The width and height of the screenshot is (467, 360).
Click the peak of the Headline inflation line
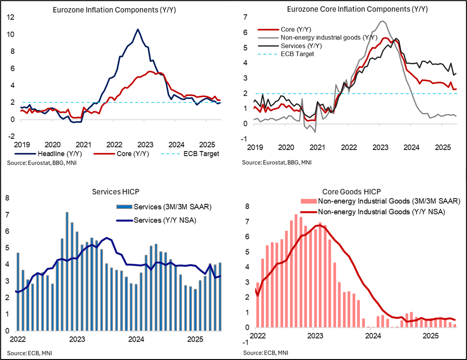pyautogui.click(x=137, y=29)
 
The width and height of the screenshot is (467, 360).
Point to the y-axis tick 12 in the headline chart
pyautogui.click(x=10, y=17)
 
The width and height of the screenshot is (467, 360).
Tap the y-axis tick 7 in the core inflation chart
pyautogui.click(x=245, y=17)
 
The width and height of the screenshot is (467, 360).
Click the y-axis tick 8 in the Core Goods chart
pyautogui.click(x=246, y=206)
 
